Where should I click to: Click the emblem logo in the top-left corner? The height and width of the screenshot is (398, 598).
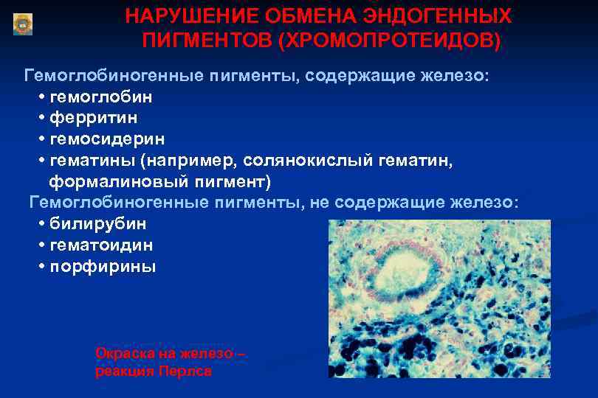pos(23,24)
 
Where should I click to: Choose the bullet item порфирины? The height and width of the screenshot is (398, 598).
pos(103,266)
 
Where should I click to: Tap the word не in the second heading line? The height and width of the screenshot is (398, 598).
pos(320,203)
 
